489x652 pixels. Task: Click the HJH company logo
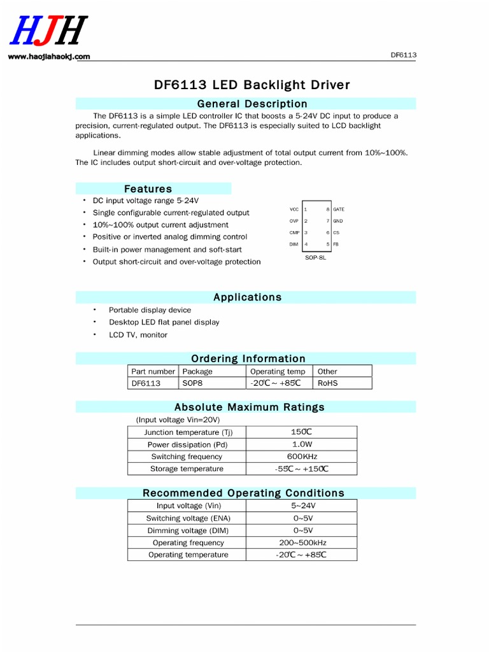(x=48, y=31)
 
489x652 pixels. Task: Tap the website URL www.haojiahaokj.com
(x=49, y=57)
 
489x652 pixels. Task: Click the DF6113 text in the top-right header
(x=403, y=55)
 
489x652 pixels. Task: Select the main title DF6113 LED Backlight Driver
(x=252, y=85)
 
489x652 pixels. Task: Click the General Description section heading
(x=252, y=104)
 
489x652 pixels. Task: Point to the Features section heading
(x=148, y=188)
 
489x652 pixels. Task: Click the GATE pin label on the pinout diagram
(x=339, y=209)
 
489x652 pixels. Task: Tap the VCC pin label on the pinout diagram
(x=294, y=209)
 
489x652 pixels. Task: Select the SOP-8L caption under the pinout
(x=315, y=257)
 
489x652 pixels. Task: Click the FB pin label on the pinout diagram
(x=336, y=244)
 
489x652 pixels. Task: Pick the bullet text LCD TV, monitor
(x=138, y=335)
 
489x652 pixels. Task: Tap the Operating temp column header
(x=278, y=371)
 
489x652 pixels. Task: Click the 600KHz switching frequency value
(x=302, y=457)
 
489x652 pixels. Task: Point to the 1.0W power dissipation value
(x=302, y=444)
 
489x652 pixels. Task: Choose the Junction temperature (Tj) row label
(x=187, y=432)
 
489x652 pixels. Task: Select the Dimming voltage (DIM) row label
(x=188, y=530)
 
